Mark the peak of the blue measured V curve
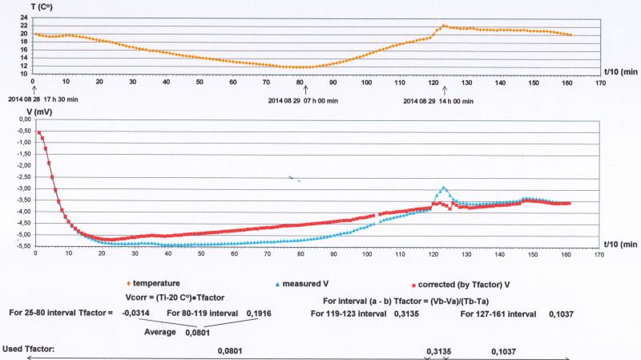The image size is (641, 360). [443, 188]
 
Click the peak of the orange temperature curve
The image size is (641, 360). [443, 25]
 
